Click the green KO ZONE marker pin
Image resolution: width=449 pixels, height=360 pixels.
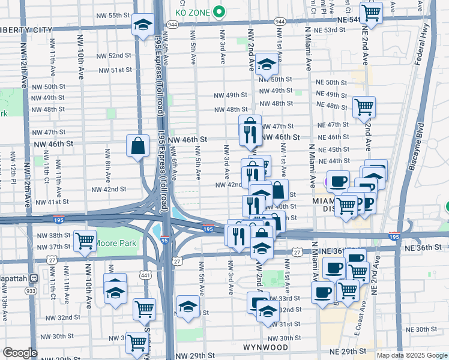(x=219, y=11)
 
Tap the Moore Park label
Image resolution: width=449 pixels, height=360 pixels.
(x=118, y=243)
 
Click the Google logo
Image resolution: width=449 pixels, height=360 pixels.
(x=20, y=353)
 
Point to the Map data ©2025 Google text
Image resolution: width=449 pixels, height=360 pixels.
(x=412, y=355)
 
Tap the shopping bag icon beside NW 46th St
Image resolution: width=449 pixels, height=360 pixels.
(x=138, y=145)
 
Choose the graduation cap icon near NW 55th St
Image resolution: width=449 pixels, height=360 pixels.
(x=143, y=25)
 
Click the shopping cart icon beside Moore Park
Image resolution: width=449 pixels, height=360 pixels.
(x=85, y=241)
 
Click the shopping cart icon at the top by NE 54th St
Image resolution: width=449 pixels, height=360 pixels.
(x=372, y=12)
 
